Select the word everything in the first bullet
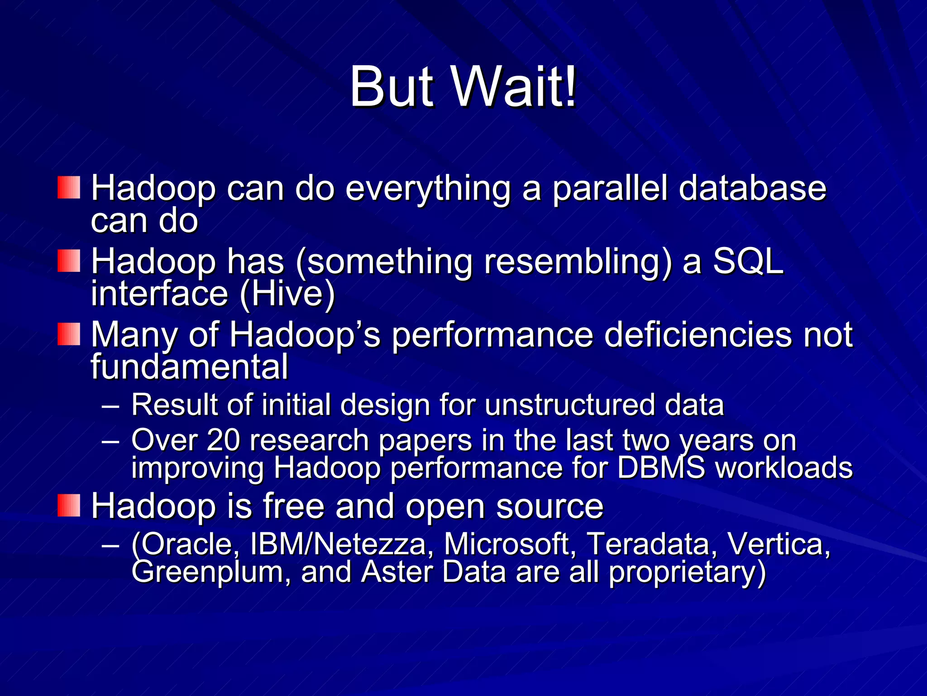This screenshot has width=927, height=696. click(428, 188)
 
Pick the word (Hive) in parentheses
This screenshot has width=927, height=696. click(287, 294)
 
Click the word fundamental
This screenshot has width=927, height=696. click(189, 366)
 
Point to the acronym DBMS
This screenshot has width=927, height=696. click(661, 467)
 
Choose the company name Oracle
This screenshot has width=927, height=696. click(186, 543)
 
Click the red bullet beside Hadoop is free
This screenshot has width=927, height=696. click(69, 505)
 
